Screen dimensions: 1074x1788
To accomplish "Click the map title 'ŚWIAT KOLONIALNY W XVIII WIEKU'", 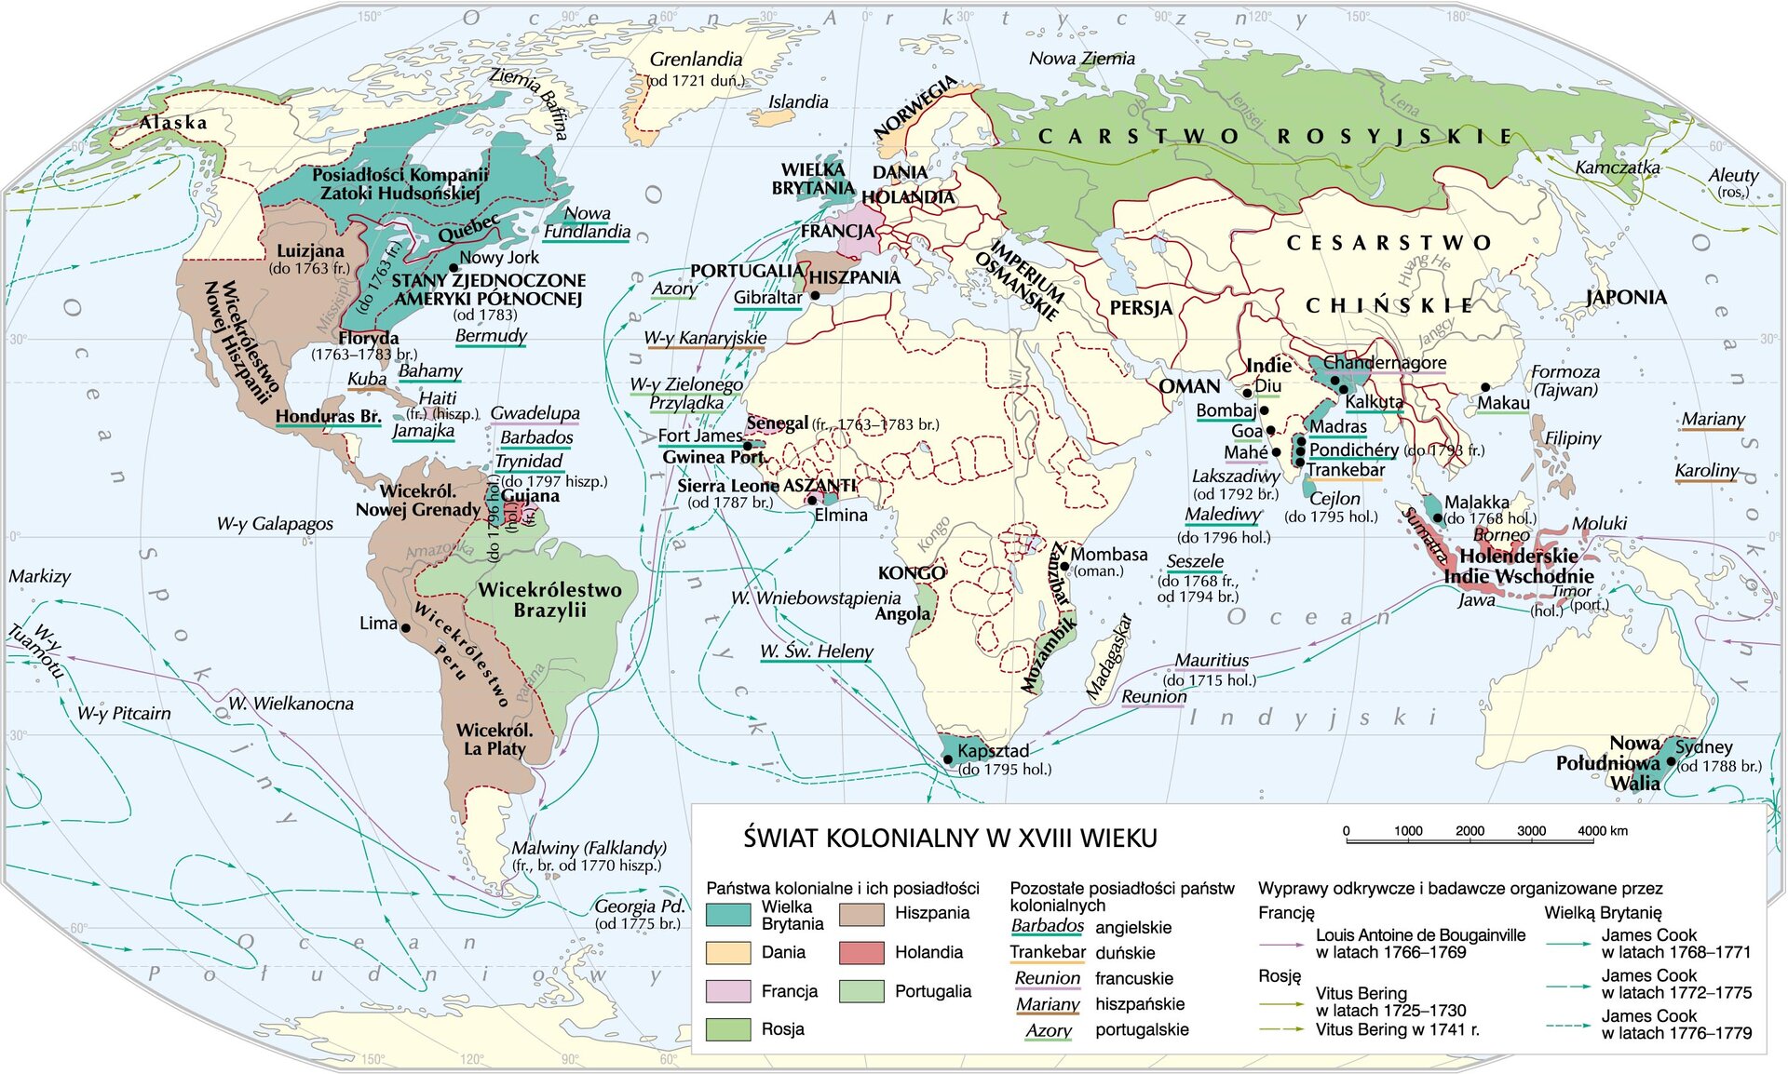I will (950, 839).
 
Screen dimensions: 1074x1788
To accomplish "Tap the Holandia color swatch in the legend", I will (861, 952).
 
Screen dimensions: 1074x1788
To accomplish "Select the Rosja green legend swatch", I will (728, 1029).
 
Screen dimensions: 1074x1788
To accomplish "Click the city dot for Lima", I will (406, 628).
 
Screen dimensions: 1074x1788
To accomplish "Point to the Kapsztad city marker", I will (948, 759).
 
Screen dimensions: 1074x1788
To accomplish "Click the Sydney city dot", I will (1671, 762).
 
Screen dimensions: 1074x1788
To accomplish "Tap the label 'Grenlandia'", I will (696, 60).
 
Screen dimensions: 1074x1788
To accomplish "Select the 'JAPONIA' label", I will (1626, 298).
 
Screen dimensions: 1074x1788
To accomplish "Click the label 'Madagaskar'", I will (1109, 657).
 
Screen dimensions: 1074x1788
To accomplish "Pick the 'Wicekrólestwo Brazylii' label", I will (549, 600).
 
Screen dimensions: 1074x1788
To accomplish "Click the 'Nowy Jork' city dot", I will (454, 268).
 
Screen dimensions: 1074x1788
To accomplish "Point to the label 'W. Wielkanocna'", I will (291, 704).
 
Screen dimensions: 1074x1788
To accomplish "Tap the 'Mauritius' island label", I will (1212, 660).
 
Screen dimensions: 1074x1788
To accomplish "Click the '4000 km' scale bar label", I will (1603, 831).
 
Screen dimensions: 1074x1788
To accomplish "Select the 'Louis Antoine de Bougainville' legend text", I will (1420, 935).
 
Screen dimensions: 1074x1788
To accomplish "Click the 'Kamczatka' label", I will (1618, 168).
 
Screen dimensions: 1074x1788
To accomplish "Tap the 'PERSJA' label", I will (1141, 308).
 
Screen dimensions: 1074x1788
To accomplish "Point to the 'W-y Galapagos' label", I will (275, 524).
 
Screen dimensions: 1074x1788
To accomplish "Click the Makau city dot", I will (1485, 387).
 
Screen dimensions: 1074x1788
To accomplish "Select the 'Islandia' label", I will (798, 102).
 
